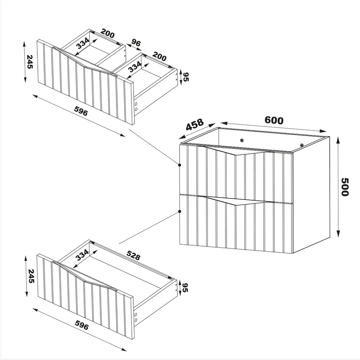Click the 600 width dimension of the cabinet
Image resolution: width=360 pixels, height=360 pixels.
[x=274, y=120]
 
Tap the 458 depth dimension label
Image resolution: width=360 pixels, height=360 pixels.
[x=194, y=124]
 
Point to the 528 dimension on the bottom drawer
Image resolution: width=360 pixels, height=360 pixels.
[x=133, y=255]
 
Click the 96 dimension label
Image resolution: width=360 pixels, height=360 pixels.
[x=136, y=43]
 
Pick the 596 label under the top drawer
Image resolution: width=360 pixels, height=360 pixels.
[x=81, y=111]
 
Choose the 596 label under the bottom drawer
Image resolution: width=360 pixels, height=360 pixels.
[x=82, y=324]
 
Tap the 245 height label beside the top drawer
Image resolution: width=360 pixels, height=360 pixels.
[x=30, y=62]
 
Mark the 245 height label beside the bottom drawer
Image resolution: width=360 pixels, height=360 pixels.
[x=31, y=276]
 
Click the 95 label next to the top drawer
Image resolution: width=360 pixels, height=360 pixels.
[x=186, y=77]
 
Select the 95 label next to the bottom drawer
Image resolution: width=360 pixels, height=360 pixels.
[x=185, y=288]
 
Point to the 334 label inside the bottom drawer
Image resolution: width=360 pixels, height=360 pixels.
[x=82, y=255]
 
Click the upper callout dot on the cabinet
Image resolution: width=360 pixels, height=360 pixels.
[x=180, y=165]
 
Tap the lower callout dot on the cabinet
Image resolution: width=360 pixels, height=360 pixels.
[x=180, y=211]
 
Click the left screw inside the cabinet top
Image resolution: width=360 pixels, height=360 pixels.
[x=242, y=140]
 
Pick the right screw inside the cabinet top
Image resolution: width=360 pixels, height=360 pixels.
[x=302, y=145]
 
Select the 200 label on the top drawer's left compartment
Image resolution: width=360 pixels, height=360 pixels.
[x=108, y=33]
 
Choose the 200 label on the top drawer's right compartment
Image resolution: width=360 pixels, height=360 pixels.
[x=159, y=57]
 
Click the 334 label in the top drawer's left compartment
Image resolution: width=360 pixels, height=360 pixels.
[x=83, y=43]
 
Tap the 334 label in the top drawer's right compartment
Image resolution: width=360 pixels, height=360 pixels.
[x=135, y=66]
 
